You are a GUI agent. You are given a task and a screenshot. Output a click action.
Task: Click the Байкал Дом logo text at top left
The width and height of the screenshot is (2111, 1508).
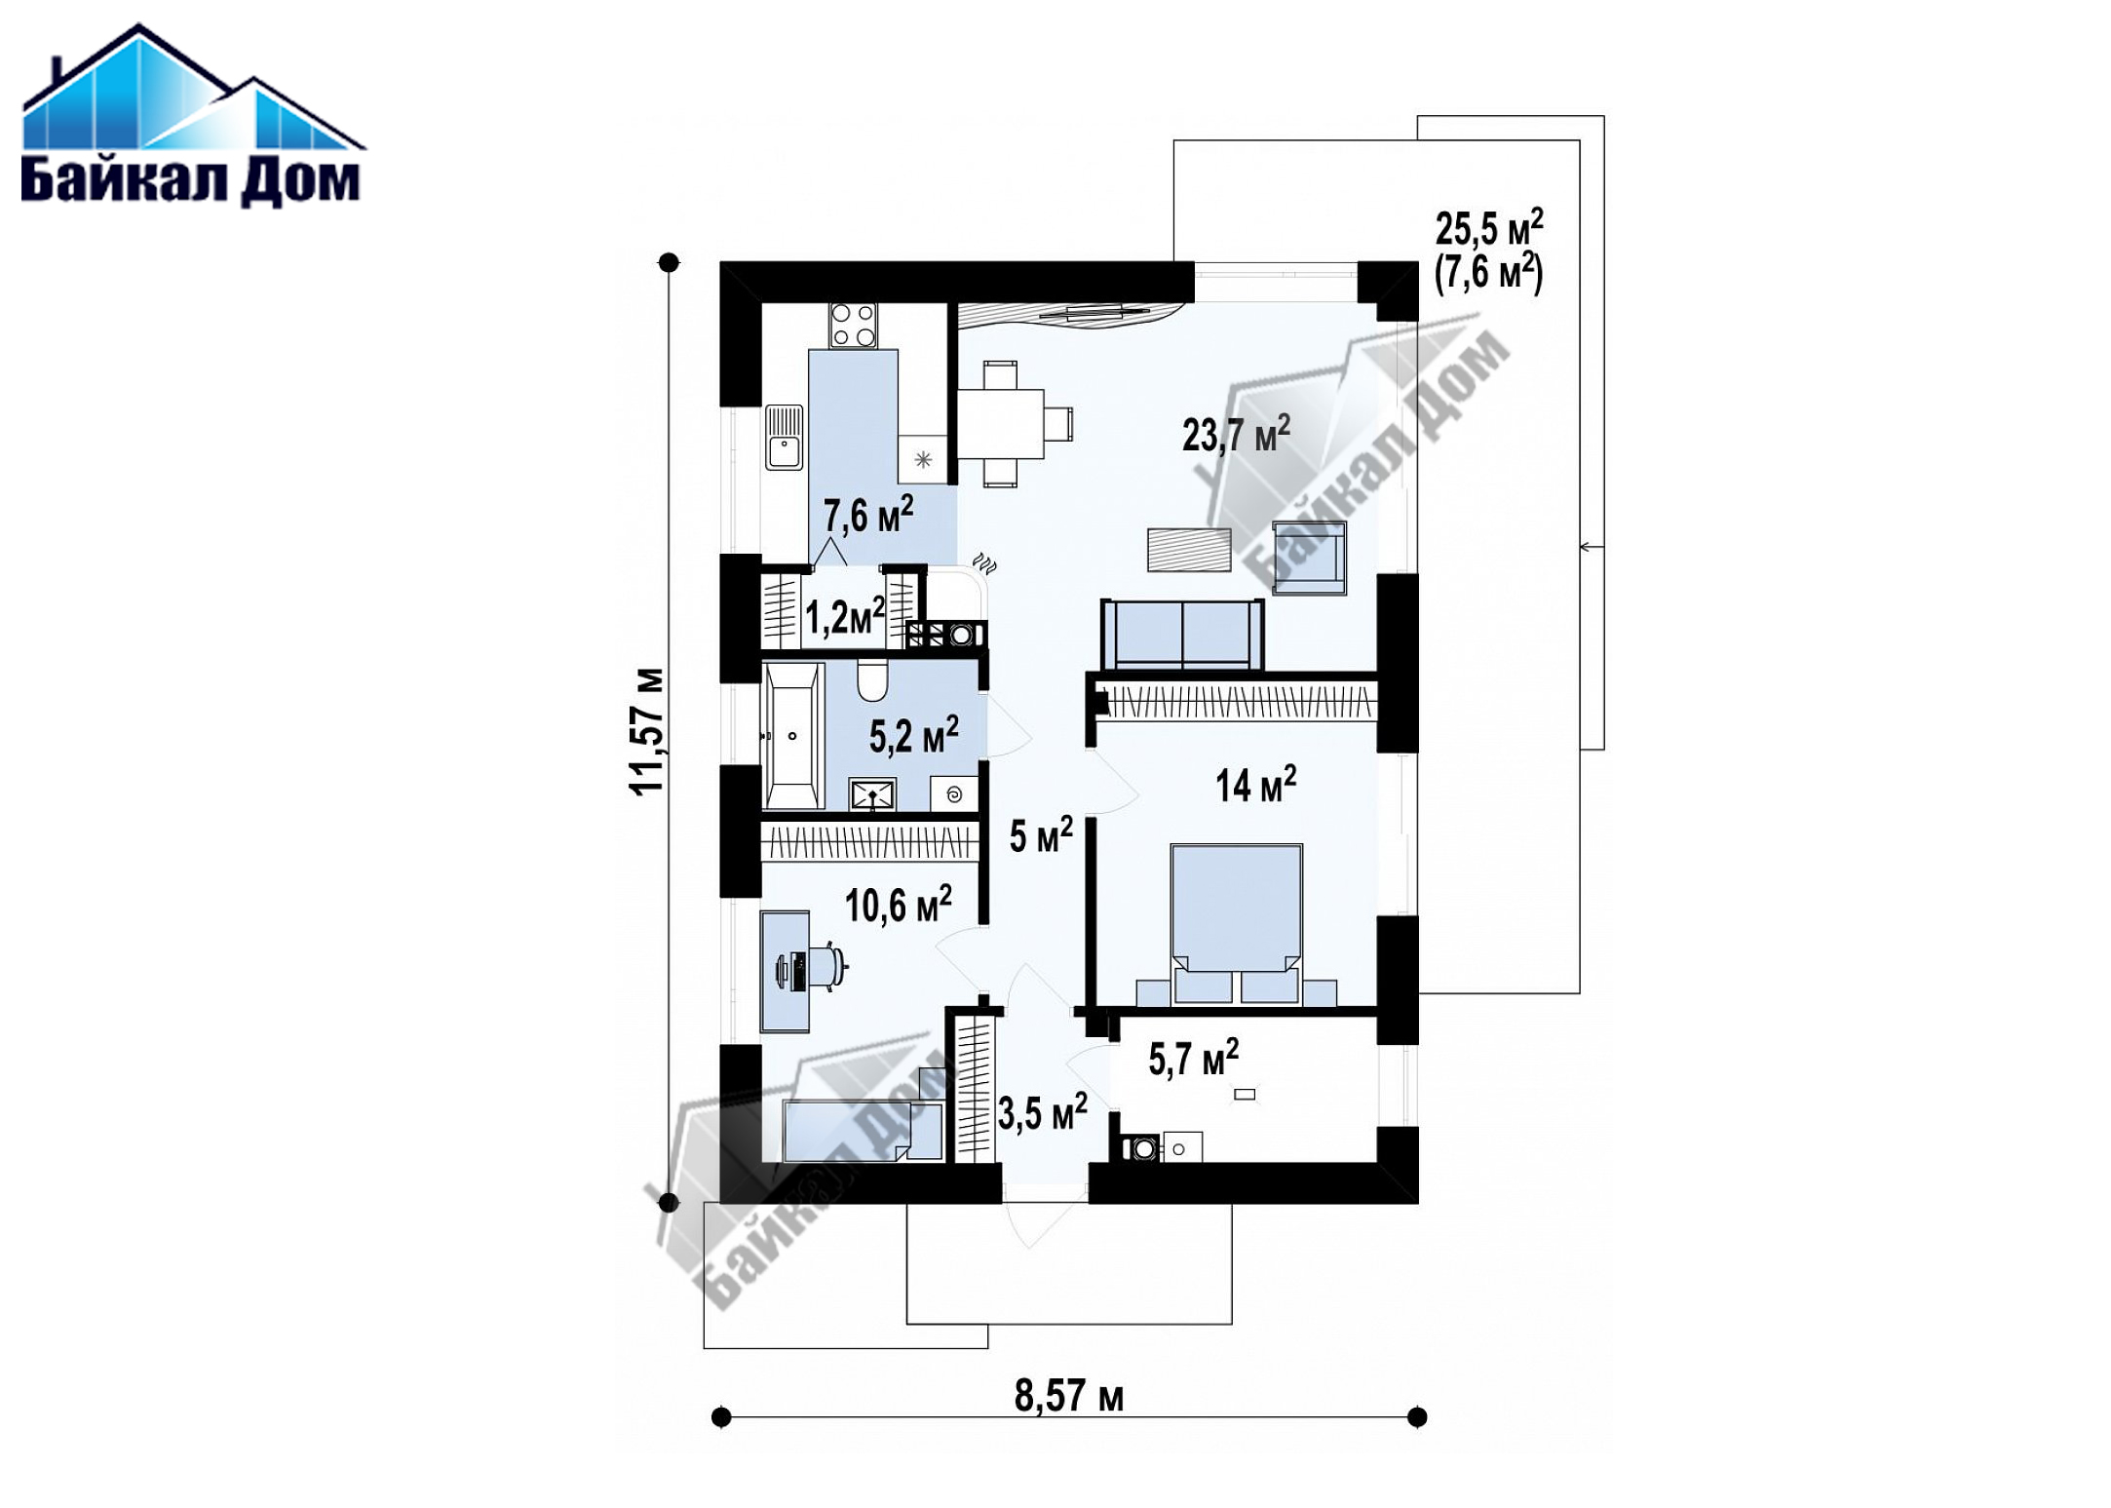[191, 181]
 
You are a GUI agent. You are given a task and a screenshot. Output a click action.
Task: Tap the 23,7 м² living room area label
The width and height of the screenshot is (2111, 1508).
[1236, 433]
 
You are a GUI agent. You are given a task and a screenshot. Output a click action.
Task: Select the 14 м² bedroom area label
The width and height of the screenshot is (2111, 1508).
[1255, 784]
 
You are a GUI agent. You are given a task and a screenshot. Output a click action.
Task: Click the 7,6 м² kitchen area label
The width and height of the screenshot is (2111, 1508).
[868, 514]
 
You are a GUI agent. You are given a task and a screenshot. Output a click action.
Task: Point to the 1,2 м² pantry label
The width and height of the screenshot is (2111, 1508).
[845, 616]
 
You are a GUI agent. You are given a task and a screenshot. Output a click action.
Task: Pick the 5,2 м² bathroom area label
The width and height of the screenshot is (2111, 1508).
[914, 735]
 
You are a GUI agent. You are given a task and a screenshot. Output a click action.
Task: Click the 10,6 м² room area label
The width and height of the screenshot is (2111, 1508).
[898, 905]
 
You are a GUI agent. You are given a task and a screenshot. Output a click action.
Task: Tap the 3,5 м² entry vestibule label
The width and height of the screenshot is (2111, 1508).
[1042, 1112]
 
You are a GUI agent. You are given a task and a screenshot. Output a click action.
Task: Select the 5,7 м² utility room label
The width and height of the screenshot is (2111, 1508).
[1193, 1059]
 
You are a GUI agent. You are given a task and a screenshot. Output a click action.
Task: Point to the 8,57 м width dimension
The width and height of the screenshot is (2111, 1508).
[1069, 1396]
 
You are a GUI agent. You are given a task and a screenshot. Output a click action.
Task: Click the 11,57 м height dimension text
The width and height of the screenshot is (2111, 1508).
[648, 732]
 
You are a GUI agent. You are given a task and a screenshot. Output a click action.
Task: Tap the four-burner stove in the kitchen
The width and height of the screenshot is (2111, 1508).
[853, 326]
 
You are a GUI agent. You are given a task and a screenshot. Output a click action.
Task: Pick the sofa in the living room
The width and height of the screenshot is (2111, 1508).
[1182, 634]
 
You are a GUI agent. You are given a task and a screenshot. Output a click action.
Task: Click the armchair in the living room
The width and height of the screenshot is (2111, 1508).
[1309, 557]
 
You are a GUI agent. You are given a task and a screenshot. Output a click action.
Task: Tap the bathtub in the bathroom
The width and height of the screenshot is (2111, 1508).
[792, 736]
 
